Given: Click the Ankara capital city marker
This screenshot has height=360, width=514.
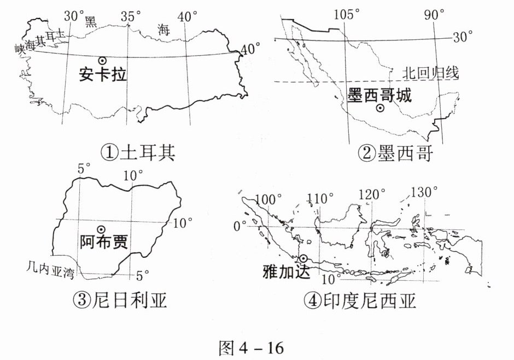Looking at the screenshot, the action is tap(101, 61).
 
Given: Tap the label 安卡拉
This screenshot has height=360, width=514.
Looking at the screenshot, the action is tap(102, 74).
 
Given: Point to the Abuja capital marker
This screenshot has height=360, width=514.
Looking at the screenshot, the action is tap(101, 229).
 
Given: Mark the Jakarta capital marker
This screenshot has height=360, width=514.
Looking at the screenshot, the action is tap(303, 258).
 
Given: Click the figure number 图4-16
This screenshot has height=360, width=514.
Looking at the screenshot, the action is tap(251, 347).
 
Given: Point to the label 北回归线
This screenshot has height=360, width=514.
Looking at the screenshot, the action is tap(429, 72).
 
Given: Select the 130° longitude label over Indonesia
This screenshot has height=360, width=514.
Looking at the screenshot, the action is tap(424, 192).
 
